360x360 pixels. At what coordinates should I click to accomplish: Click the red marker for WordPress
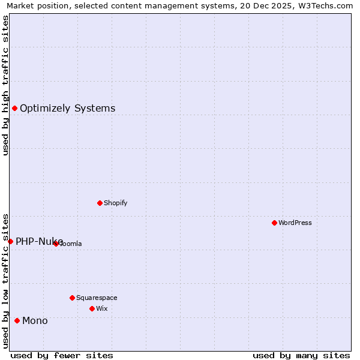click(x=274, y=223)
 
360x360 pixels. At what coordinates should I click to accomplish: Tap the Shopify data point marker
click(x=100, y=203)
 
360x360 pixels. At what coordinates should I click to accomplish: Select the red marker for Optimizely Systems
click(x=14, y=108)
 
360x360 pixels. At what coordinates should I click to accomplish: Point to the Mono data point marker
click(x=17, y=320)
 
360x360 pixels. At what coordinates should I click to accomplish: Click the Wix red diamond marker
click(x=92, y=308)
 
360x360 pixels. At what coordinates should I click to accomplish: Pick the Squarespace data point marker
click(x=72, y=298)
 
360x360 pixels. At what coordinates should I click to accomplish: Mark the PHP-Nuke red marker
click(x=10, y=241)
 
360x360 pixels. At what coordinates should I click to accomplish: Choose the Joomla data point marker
click(x=56, y=244)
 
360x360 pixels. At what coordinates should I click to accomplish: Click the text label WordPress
click(x=295, y=223)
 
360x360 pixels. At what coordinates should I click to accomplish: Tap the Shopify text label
click(x=116, y=203)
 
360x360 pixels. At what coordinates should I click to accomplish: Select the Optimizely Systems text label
click(x=67, y=109)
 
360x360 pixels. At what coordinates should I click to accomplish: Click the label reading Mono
click(x=35, y=321)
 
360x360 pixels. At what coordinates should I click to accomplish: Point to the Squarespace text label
click(x=97, y=298)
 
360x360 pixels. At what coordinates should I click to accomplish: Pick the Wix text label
click(x=102, y=308)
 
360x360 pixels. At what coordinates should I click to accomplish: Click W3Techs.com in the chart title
click(x=325, y=6)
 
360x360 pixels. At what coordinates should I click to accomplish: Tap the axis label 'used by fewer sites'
click(x=62, y=355)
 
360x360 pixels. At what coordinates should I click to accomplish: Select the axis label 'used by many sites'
click(x=301, y=355)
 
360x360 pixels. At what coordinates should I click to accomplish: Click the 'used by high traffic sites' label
click(x=6, y=86)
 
